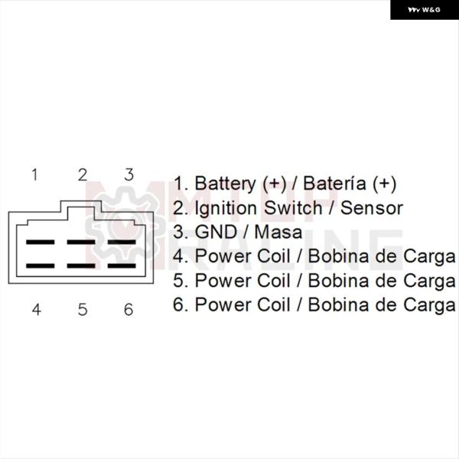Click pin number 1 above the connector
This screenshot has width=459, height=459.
tap(35, 174)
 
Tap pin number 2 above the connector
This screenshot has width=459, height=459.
tap(83, 174)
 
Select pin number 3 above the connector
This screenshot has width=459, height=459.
tap(129, 174)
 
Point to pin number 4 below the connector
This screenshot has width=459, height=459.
tap(36, 309)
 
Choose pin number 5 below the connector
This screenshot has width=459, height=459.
tap(83, 309)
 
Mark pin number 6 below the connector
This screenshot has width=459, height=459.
tap(129, 309)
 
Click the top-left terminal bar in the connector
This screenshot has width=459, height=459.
tap(41, 242)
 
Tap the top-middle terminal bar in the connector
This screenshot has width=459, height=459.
tap(81, 242)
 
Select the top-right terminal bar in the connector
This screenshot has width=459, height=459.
tap(122, 242)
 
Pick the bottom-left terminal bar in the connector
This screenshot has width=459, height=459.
tap(41, 265)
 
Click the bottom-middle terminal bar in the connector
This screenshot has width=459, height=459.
tap(81, 265)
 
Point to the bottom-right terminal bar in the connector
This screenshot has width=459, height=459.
tap(122, 265)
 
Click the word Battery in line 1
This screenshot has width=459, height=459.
tap(225, 184)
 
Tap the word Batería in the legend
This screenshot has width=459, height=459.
tap(334, 184)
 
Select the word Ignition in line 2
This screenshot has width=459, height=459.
tap(226, 209)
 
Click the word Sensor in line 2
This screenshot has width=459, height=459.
tap(372, 208)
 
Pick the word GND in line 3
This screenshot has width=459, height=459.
tap(216, 232)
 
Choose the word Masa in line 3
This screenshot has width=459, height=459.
tap(278, 232)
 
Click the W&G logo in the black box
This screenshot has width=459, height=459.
tap(424, 10)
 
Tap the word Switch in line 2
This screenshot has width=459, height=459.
tap(293, 208)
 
